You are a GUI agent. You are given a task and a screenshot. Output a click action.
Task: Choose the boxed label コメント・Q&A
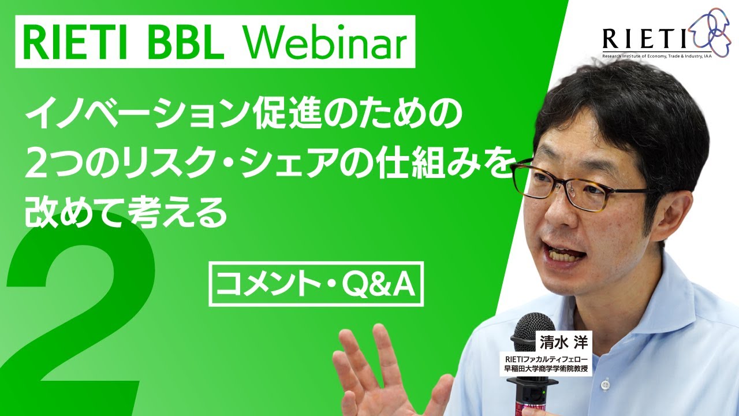(316, 284)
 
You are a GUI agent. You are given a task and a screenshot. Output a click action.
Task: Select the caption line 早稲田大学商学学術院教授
(546, 369)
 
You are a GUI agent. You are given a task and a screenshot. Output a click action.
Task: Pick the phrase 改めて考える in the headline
(124, 213)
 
